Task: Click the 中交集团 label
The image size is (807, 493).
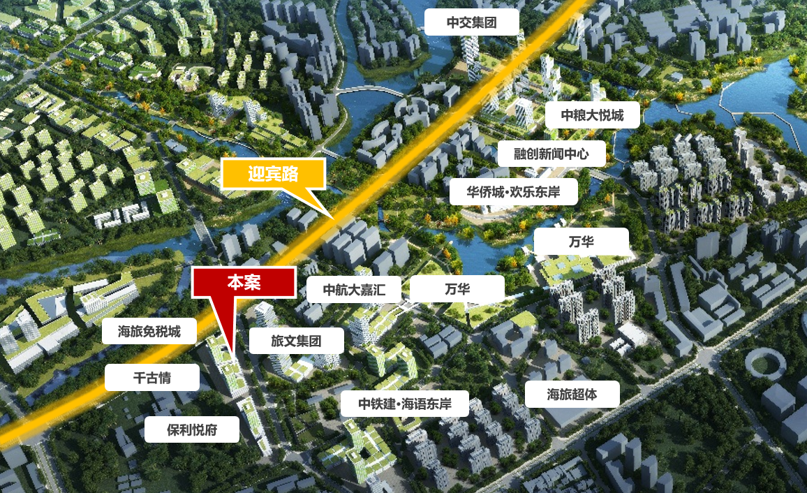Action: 472,22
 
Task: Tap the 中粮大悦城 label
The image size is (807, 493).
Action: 593,115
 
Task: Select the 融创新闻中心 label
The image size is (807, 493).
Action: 551,153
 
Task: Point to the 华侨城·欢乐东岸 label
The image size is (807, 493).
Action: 513,191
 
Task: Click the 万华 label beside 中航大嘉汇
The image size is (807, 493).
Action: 457,288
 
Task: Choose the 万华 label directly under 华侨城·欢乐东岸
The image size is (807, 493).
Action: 581,242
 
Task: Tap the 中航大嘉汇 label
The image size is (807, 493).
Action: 354,288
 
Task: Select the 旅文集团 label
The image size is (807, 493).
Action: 296,341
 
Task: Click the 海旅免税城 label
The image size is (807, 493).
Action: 149,331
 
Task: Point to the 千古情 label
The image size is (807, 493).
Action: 151,378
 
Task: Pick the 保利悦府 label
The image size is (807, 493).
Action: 191,429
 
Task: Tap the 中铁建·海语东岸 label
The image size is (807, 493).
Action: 405,404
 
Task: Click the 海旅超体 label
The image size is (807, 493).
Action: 572,395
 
